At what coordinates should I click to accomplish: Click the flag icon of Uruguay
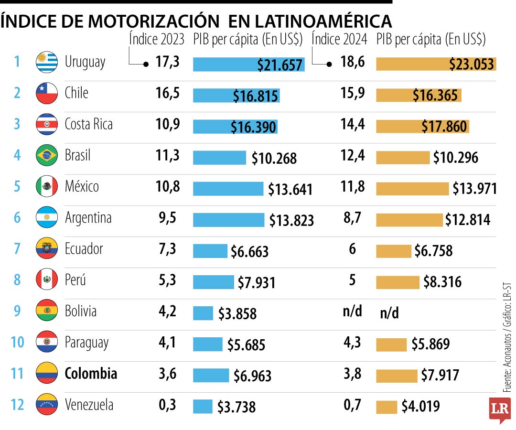(47, 62)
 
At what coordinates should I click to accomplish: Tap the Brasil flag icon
(47, 155)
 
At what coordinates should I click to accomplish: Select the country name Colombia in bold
(91, 373)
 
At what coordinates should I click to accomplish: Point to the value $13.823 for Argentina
(291, 220)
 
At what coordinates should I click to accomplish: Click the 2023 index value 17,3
(168, 62)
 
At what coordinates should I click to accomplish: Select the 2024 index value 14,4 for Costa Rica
(353, 124)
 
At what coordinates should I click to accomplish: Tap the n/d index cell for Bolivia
(352, 312)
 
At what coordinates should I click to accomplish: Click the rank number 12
(17, 405)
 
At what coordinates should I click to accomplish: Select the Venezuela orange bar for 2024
(387, 407)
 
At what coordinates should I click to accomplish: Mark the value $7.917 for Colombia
(440, 376)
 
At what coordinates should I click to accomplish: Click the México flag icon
(47, 186)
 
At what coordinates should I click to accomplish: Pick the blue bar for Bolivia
(203, 313)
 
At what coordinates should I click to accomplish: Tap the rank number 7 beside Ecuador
(17, 249)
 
